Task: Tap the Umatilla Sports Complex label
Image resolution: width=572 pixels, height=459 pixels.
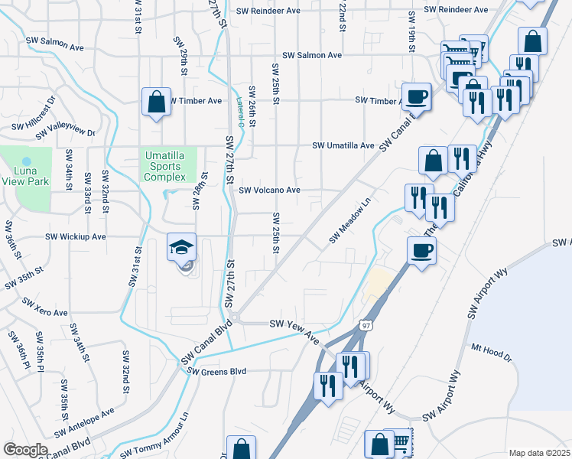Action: (x=164, y=167)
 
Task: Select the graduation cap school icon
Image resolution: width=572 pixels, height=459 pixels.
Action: (x=181, y=248)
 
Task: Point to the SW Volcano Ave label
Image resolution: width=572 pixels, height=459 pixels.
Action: (x=269, y=190)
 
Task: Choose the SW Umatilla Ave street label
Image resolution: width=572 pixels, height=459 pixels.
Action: (x=343, y=145)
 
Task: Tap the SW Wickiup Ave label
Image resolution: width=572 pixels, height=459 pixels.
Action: (x=76, y=237)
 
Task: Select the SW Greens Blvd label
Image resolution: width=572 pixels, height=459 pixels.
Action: (x=217, y=371)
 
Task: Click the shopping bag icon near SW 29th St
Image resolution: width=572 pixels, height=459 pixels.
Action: (x=156, y=103)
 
